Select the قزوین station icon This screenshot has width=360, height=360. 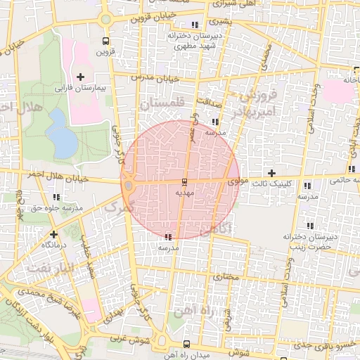click(x=105, y=41)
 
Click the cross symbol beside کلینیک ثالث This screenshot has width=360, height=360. click(x=271, y=173)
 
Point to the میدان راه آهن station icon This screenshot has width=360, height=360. click(x=186, y=345)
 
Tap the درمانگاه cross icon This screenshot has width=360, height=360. click(x=54, y=234)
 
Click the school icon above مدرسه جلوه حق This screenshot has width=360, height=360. click(x=56, y=198)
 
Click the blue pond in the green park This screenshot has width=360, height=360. click(x=63, y=141)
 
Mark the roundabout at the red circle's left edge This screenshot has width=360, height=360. click(x=129, y=186)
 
